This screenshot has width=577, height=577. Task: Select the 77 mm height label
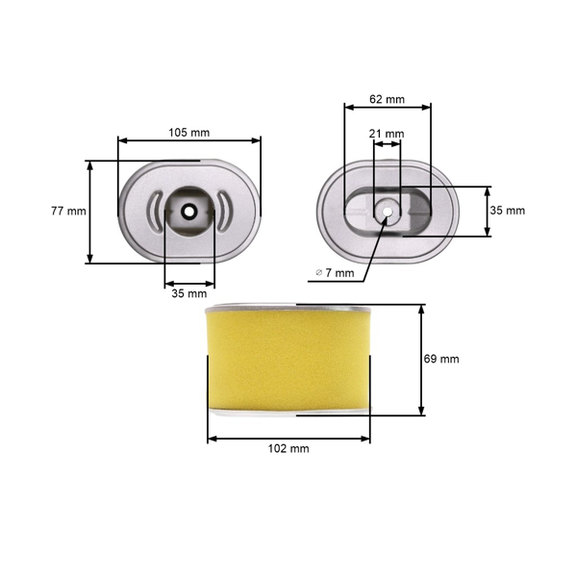[x=68, y=211]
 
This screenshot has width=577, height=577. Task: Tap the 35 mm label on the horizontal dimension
[x=188, y=293]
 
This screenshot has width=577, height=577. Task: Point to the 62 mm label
[x=388, y=98]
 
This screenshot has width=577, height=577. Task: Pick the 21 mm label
[x=388, y=134]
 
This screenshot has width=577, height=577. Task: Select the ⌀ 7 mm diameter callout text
[x=335, y=273]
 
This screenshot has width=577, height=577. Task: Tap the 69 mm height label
[x=441, y=359]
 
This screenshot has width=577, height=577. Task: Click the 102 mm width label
[x=288, y=449]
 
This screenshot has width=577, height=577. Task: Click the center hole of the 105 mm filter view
[x=188, y=211]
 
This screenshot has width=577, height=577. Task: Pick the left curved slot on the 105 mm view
[x=154, y=211]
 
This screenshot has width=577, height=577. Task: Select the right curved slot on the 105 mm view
[x=223, y=211]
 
